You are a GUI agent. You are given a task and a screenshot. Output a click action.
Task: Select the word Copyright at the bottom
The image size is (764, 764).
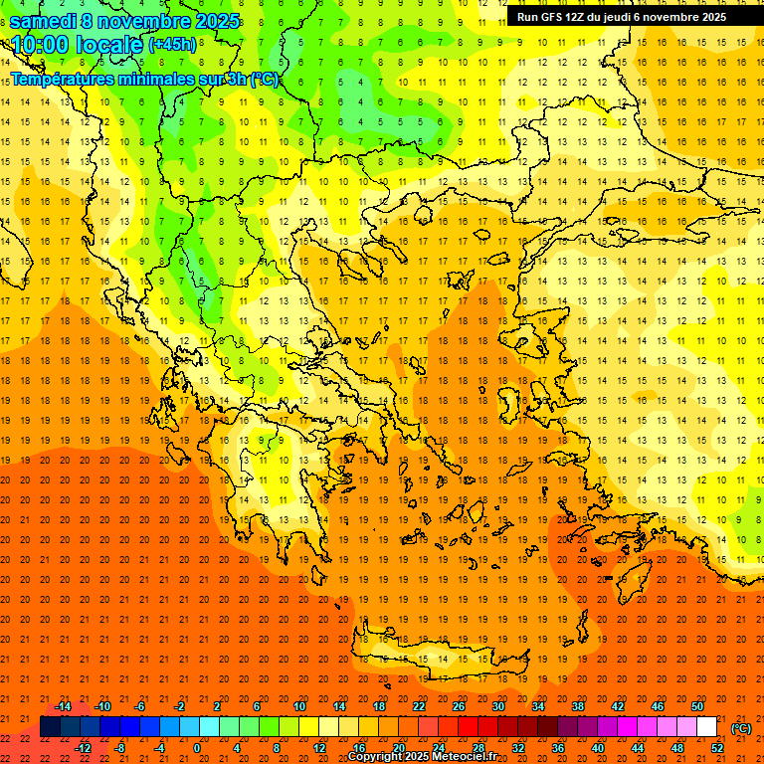[377, 757]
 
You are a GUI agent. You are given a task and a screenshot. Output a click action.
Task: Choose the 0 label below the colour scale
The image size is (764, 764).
[196, 748]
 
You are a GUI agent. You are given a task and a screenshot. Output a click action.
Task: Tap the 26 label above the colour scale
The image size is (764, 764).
[459, 706]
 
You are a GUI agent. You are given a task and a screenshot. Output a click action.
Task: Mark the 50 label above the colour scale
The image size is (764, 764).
[697, 706]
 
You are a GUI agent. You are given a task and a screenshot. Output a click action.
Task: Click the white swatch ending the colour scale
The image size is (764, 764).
[707, 727]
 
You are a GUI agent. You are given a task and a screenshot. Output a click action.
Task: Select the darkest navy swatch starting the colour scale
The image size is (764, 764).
[50, 727]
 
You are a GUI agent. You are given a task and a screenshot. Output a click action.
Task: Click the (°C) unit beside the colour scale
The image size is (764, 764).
[741, 728]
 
